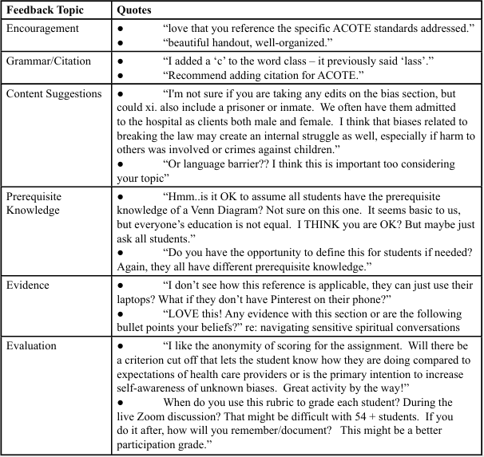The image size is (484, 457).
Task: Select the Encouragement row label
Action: click(42, 29)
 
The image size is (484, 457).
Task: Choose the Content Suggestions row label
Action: click(54, 93)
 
